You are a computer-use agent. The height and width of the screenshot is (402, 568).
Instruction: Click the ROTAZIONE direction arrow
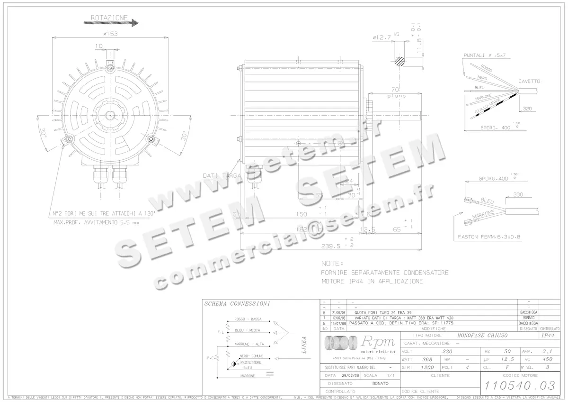point(111,22)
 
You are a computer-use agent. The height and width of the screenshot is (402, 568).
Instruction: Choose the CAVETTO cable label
point(529,81)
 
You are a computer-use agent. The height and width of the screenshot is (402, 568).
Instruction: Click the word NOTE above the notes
point(332,263)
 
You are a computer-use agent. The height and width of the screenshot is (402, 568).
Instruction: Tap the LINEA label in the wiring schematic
point(304,345)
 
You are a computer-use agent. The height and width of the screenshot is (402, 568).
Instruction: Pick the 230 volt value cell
point(447,352)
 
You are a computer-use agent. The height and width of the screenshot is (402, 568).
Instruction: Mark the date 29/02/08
point(350,375)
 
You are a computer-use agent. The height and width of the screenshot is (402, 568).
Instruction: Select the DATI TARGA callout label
point(222,176)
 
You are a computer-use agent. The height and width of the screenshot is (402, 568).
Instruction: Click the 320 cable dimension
point(527,109)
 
